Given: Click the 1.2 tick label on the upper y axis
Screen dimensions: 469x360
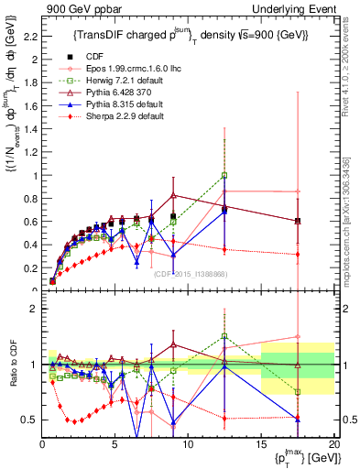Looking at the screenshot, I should tap(27, 148).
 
